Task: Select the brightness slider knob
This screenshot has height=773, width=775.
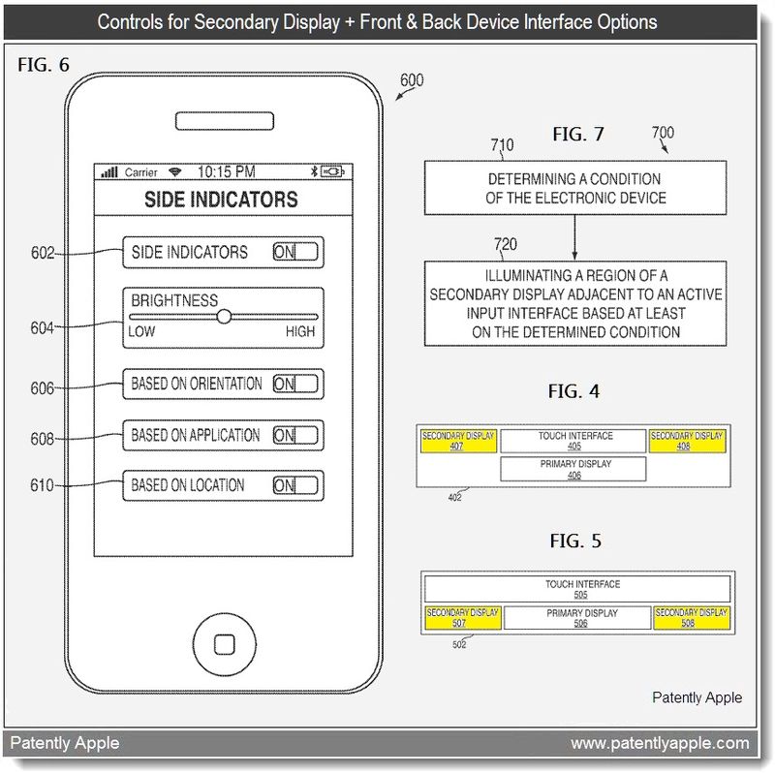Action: (224, 316)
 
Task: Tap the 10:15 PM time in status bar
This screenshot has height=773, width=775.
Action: (227, 172)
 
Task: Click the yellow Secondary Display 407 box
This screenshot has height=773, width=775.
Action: (458, 441)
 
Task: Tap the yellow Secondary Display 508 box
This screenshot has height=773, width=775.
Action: (690, 617)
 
